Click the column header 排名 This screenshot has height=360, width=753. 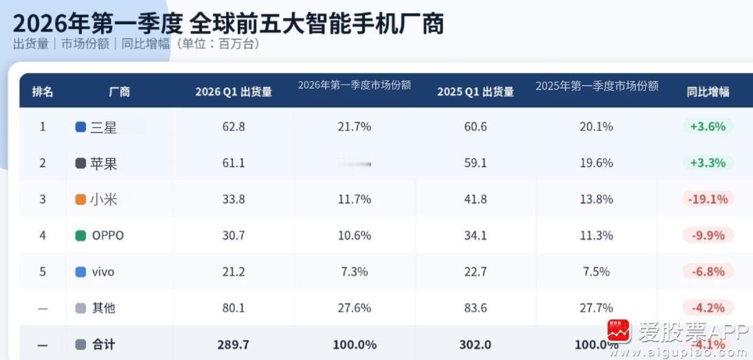point(42,92)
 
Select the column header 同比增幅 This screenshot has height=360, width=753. point(708,92)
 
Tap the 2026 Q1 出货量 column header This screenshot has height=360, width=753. point(234,92)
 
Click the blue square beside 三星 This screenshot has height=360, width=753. point(80,127)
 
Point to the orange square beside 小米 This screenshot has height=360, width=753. point(80,200)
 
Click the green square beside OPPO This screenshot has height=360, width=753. point(80,236)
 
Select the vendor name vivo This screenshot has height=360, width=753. point(103,272)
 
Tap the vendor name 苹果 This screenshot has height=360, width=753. point(104,164)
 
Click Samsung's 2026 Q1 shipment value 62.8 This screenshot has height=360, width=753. point(234,127)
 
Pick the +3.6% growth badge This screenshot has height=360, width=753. point(708,127)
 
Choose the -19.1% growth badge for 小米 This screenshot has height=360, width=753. point(708,199)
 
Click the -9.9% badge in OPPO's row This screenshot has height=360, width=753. point(708,236)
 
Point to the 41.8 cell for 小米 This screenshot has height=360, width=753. point(475,199)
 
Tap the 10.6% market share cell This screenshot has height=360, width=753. point(355,236)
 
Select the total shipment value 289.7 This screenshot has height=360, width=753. point(234,344)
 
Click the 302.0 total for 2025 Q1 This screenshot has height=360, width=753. point(475,344)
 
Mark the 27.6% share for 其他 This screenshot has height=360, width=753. point(355,308)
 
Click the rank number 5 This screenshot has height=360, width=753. point(43,272)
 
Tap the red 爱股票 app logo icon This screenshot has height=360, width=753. point(618,332)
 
